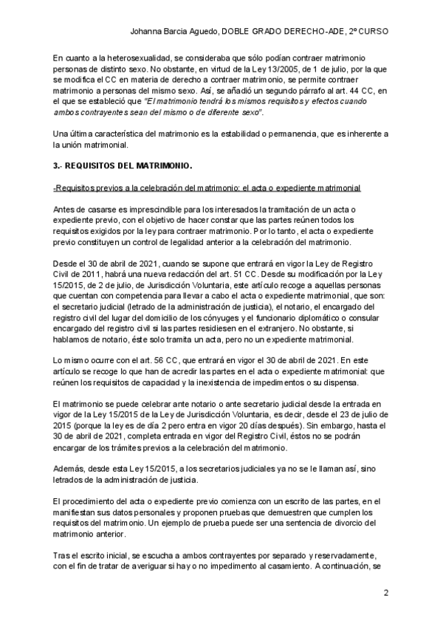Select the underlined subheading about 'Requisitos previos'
pyautogui.click(x=207, y=190)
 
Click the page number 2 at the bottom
pyautogui.click(x=386, y=594)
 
